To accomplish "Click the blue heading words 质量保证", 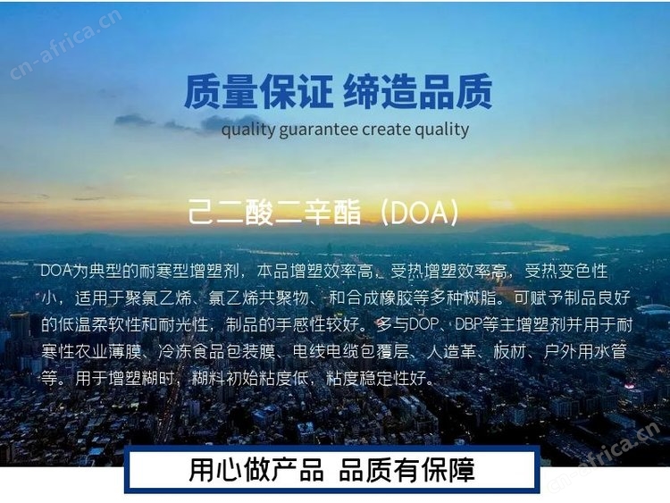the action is pos(258,91).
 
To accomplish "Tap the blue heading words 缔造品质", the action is pos(417,91).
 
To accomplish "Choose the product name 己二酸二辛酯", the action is pos(274,213).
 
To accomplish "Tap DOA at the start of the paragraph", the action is pos(56,272).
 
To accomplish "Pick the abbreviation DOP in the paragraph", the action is pos(423,325).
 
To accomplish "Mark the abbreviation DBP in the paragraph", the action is pos(468,325).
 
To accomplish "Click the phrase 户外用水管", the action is pos(585,352).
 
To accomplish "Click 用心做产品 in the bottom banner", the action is pos(256,470).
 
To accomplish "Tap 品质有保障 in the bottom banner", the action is pos(406,470).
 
